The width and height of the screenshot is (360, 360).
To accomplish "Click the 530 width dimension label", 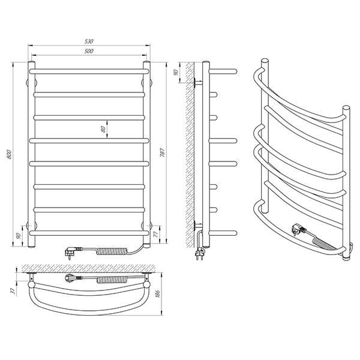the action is point(89,41).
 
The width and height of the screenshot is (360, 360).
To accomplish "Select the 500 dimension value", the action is point(89,51).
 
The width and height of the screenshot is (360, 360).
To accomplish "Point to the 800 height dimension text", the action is point(9,154).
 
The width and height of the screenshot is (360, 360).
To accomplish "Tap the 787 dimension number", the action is point(162,152).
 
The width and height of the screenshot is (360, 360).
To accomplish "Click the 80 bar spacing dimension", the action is point(104,129).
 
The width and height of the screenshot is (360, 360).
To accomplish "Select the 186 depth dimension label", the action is point(157,293).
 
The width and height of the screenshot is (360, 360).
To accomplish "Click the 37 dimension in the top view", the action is point(13,291).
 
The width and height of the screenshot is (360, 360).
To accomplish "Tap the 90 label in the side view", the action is point(176,73).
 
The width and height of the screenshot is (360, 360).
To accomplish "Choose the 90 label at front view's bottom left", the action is point(19,236).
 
